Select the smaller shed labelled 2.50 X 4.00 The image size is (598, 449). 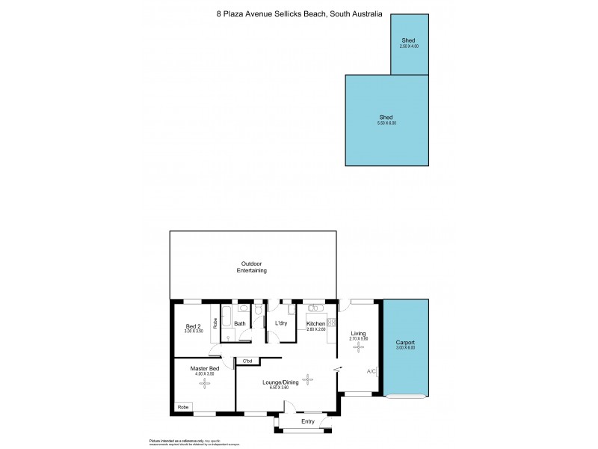tap(408, 43)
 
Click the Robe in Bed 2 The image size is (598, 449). tap(215, 324)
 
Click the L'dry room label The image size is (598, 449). tap(281, 323)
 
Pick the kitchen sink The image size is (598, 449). tap(312, 308)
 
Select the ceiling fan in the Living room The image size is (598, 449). tap(358, 347)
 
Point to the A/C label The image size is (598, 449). tap(372, 372)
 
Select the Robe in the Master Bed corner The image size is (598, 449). tap(183, 406)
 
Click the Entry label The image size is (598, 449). tap(307, 421)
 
